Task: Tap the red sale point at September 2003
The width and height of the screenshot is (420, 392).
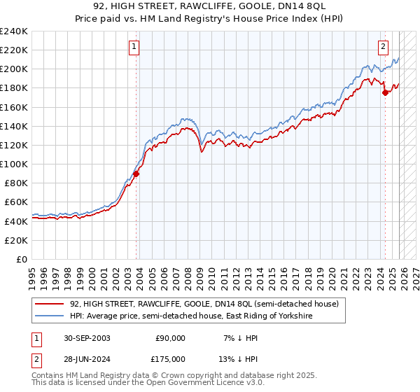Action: click(x=136, y=174)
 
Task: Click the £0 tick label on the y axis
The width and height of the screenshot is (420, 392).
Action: click(x=22, y=259)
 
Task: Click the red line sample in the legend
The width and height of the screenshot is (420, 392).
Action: click(x=49, y=304)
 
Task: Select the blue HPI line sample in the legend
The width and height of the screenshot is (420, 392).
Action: click(x=49, y=316)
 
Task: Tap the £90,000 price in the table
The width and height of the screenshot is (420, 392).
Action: click(x=170, y=338)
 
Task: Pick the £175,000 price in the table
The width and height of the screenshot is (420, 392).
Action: click(x=170, y=359)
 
